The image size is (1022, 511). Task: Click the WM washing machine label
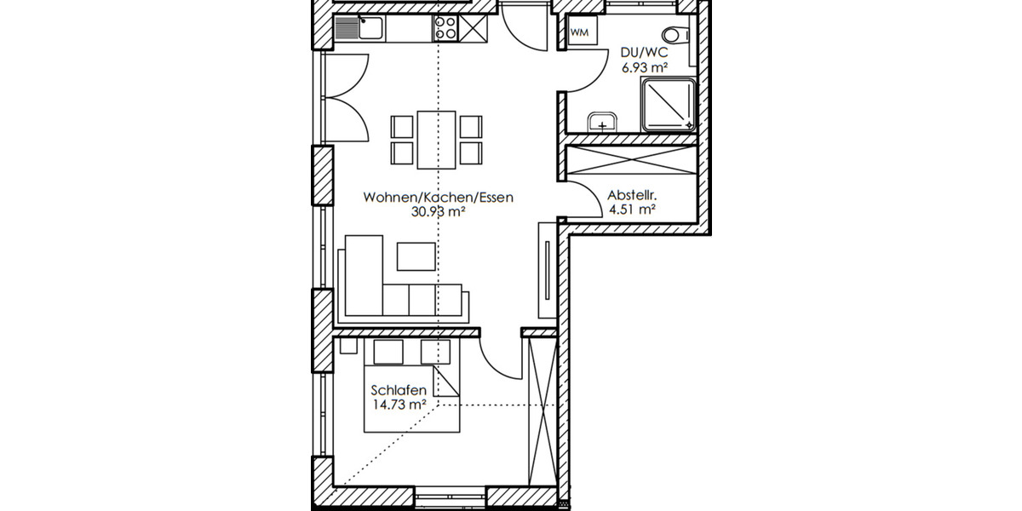580,32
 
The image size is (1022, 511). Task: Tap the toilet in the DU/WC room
675,36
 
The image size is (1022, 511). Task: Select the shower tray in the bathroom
669,105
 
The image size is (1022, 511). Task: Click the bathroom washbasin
603,122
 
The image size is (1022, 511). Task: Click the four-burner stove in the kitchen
445,29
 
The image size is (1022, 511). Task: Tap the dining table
436,139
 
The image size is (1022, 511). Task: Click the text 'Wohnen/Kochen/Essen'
438,198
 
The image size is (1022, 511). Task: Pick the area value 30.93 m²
438,213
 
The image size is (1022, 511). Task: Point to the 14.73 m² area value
399,405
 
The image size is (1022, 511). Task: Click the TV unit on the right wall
545,269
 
